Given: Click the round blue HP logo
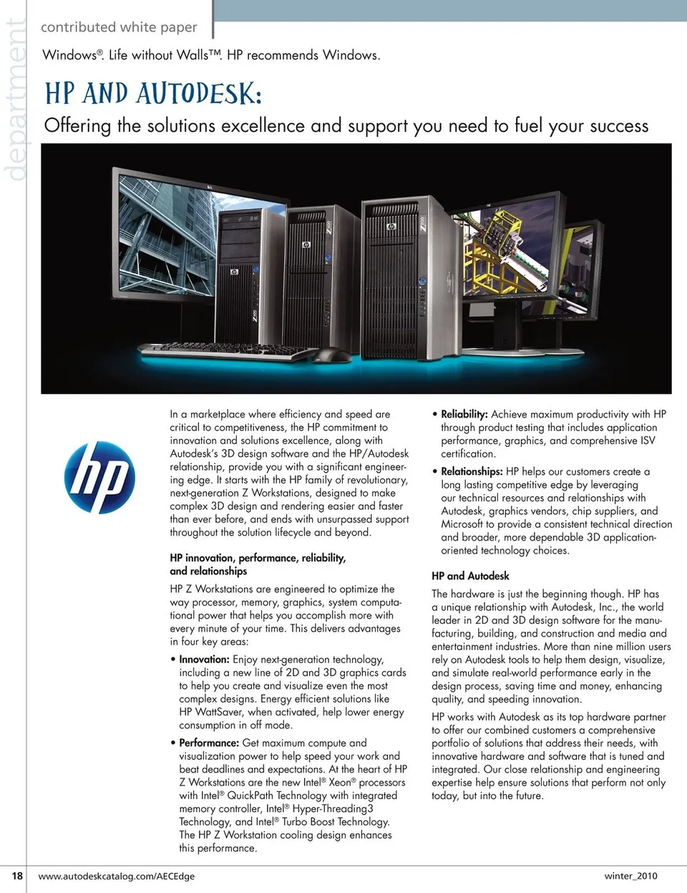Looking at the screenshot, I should pos(99,477).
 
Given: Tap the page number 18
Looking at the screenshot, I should pos(17,875).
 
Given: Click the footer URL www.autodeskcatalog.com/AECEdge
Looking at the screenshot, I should pos(116,876).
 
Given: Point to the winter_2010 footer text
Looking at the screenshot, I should pos(630,875).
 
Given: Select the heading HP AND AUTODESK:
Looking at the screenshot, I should pos(153,94).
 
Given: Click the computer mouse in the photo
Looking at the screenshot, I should pos(330,354).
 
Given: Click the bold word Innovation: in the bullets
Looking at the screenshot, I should pos(204,660).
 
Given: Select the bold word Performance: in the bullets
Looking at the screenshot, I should pos(209,743).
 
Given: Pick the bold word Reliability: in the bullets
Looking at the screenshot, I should pos(464,415).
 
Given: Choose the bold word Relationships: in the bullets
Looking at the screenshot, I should pos(472,472).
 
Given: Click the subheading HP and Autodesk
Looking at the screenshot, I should pos(470,576).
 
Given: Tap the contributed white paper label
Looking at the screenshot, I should pos(119,27).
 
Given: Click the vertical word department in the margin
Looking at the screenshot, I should pos(14,100).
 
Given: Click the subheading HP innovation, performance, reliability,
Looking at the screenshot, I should pos(258,558).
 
